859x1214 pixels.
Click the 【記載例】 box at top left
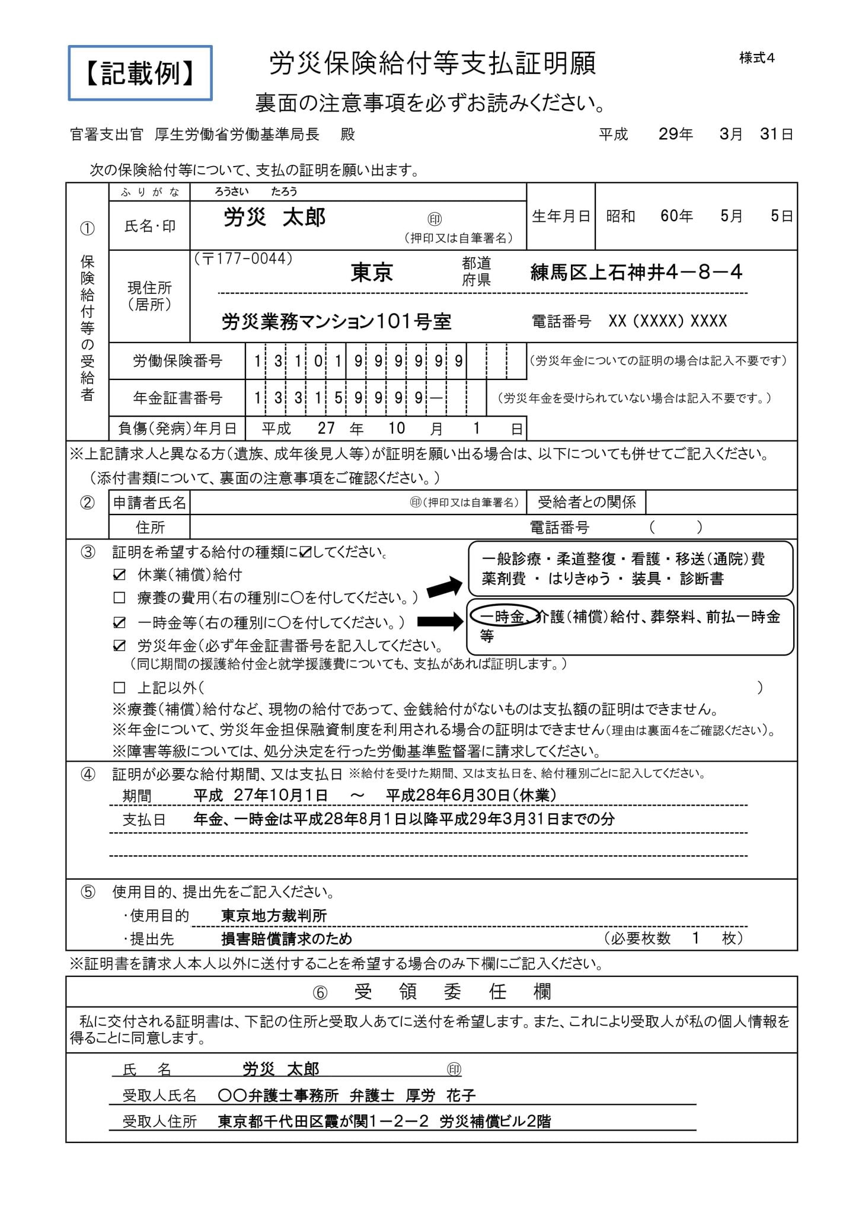tap(140, 73)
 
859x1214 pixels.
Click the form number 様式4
tap(756, 58)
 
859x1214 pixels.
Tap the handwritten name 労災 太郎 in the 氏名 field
tap(274, 218)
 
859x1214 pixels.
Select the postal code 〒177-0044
tap(244, 259)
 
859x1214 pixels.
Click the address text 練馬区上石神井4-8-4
tap(636, 273)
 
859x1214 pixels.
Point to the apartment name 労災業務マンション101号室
tap(336, 322)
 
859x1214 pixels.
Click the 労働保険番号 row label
tap(177, 361)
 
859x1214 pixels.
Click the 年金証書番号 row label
tap(177, 398)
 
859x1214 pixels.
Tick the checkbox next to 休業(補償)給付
tap(119, 575)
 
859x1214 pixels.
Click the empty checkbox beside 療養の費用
tap(119, 598)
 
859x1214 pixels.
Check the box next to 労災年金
tap(119, 646)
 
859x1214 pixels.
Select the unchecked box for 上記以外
tap(119, 688)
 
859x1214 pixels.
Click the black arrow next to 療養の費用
tap(444, 587)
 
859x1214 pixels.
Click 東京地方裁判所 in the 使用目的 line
tap(274, 916)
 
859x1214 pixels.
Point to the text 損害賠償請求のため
tap(286, 939)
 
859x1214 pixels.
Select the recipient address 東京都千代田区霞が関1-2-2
tap(322, 1122)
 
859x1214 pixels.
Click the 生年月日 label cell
tap(560, 216)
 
